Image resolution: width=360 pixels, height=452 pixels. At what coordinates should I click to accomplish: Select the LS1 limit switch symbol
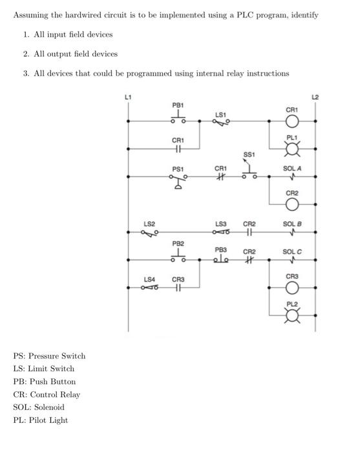pyautogui.click(x=220, y=122)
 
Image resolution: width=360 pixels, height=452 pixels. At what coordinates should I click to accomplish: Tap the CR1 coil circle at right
pyautogui.click(x=292, y=121)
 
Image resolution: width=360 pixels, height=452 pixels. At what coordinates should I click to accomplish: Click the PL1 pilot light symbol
pyautogui.click(x=292, y=150)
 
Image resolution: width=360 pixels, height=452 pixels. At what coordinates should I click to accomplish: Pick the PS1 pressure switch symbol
pyautogui.click(x=178, y=183)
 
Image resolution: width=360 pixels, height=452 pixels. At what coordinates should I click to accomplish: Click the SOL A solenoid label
pyautogui.click(x=292, y=168)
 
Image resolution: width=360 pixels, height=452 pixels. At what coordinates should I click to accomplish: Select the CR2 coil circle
pyautogui.click(x=292, y=205)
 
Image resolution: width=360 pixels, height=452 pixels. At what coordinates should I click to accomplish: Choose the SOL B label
pyautogui.click(x=292, y=223)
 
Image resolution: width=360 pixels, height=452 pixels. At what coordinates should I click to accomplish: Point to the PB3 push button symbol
pyautogui.click(x=221, y=260)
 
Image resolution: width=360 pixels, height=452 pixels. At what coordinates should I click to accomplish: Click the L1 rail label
pyautogui.click(x=127, y=96)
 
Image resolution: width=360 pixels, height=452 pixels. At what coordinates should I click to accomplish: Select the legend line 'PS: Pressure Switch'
pyautogui.click(x=50, y=356)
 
